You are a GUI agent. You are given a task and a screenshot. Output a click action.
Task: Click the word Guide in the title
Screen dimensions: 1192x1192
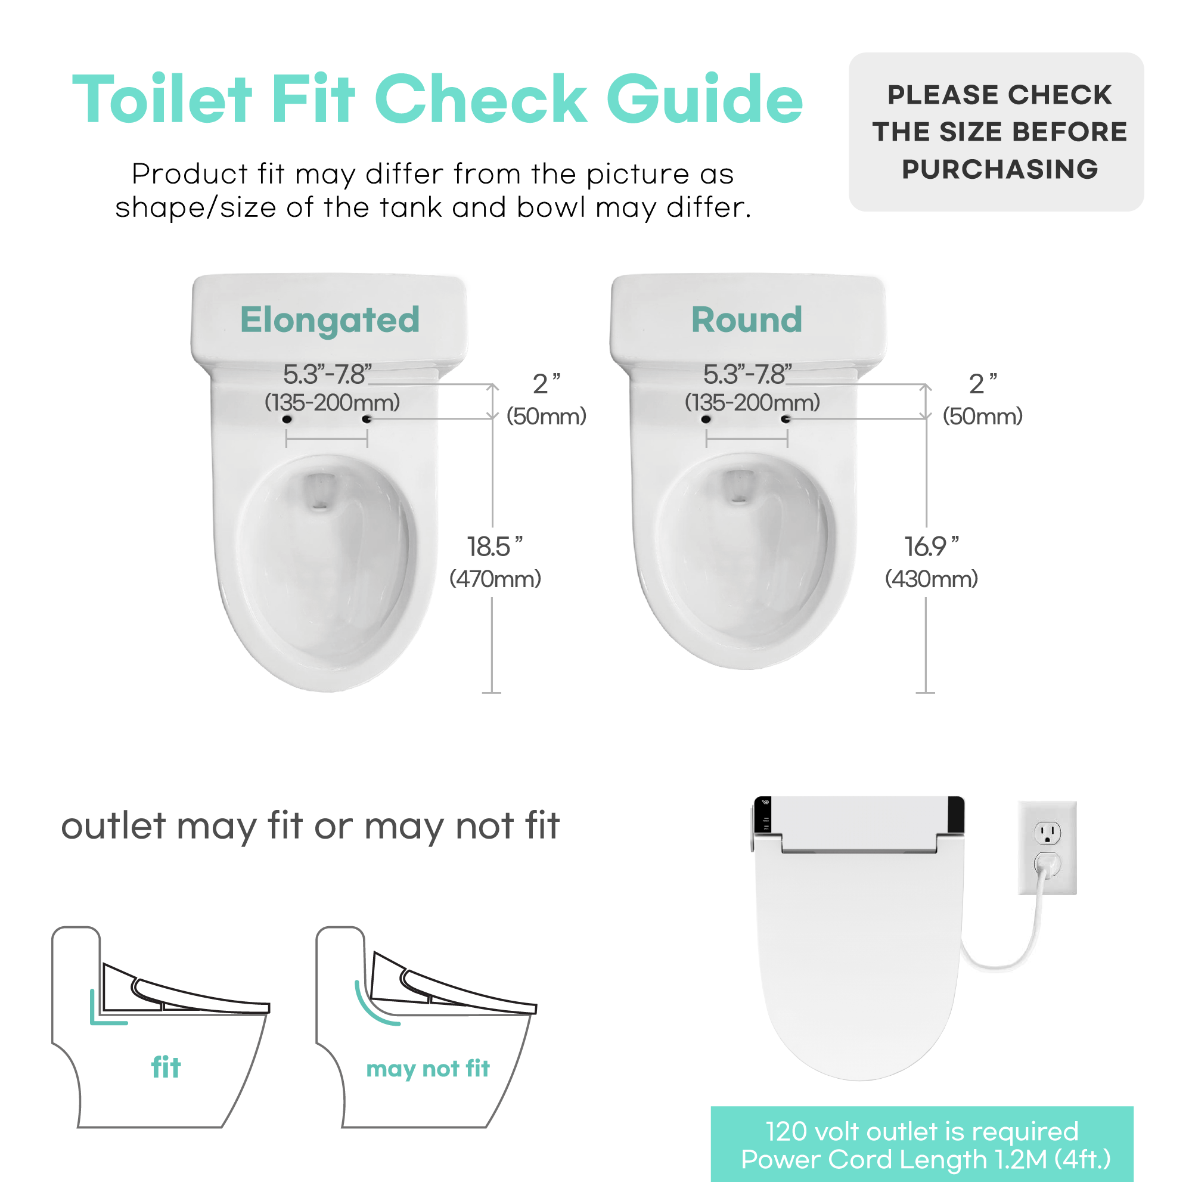[704, 99]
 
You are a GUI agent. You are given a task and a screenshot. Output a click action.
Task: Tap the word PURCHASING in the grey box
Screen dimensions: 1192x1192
[999, 169]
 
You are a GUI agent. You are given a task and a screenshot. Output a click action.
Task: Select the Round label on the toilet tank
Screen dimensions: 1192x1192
[747, 319]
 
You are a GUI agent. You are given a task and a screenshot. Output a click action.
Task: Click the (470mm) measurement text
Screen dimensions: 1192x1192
[495, 579]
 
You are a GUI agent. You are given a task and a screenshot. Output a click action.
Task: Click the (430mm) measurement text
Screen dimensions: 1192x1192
[932, 579]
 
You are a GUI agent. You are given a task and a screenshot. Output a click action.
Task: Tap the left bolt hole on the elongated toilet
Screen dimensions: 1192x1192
[287, 420]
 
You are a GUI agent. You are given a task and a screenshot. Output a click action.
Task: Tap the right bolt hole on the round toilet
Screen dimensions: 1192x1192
[786, 420]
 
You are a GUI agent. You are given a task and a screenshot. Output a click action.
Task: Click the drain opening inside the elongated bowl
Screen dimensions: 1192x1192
[319, 491]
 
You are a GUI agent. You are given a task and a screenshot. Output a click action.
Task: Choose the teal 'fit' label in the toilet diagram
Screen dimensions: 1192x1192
[166, 1067]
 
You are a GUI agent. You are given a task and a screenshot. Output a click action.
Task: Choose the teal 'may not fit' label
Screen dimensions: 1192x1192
[427, 1069]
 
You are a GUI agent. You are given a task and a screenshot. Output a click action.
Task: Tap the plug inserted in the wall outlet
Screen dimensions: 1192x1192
[1047, 865]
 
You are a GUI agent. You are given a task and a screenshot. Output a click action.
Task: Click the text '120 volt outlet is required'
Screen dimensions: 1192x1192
[922, 1132]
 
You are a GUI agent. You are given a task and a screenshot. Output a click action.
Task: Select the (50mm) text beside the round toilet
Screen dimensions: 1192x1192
[982, 417]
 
